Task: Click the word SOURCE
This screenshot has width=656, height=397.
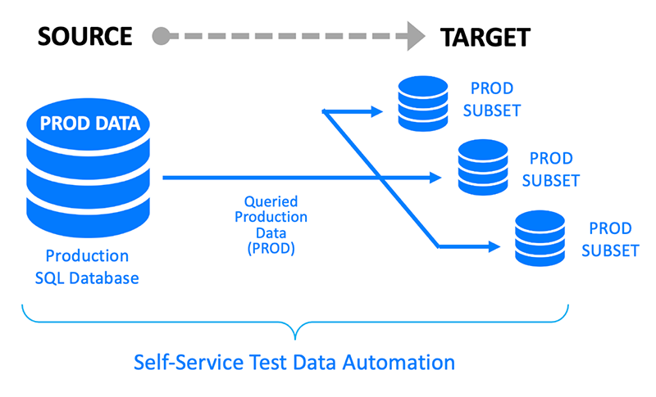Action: (85, 36)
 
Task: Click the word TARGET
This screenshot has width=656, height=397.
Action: (485, 37)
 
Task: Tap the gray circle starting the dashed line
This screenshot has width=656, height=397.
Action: (161, 36)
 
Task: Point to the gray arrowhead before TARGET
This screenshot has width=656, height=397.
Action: (417, 36)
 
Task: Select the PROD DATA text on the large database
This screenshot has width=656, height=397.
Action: (90, 123)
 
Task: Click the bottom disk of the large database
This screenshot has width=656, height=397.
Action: (89, 216)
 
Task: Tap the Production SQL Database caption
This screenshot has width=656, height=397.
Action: (87, 267)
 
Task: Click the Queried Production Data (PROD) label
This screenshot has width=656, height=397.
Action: (271, 225)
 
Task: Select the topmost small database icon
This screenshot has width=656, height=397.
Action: (423, 103)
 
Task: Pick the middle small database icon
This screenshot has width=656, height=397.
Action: (483, 168)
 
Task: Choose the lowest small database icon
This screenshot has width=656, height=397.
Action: (540, 238)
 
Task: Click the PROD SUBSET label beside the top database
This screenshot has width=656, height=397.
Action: (492, 99)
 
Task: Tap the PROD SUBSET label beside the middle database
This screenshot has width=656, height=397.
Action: (551, 169)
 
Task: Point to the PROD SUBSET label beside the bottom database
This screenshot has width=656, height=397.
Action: (610, 240)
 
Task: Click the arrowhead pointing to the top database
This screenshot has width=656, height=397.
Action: (376, 111)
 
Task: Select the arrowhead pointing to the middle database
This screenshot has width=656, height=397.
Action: (435, 178)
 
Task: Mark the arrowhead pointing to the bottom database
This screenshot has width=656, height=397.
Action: (494, 246)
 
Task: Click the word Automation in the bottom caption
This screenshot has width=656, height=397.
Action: (399, 363)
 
